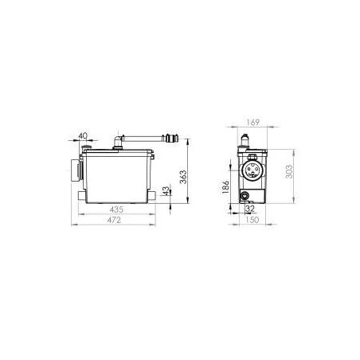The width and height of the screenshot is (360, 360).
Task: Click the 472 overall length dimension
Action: (114, 220)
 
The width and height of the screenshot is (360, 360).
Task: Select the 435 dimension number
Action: (116, 209)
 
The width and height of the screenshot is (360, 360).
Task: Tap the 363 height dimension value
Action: (183, 177)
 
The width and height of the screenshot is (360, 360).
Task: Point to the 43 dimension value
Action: (166, 191)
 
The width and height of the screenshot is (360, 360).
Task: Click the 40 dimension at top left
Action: (83, 136)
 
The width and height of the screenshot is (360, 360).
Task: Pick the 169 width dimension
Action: (252, 123)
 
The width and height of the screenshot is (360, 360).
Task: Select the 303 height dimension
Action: (289, 171)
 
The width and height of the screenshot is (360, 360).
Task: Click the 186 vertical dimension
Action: (225, 187)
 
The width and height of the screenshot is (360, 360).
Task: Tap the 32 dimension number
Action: (250, 209)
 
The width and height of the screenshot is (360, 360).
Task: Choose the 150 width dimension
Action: (252, 220)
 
